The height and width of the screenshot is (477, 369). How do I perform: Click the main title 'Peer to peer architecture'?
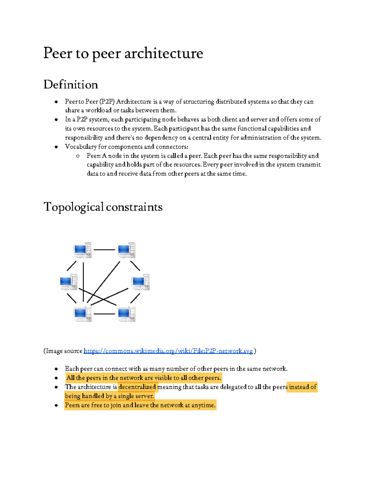point(123,53)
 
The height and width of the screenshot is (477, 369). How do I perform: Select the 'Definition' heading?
point(71,85)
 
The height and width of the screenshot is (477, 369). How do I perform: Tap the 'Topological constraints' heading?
point(103,207)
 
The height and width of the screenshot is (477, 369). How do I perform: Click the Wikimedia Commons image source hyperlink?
point(168,351)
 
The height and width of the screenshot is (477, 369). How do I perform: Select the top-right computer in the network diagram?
point(126,250)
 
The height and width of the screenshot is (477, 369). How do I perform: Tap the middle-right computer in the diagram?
point(141,282)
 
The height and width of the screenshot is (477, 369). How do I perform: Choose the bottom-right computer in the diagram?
point(126,314)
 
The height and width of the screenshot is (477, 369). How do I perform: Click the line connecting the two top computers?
point(104,250)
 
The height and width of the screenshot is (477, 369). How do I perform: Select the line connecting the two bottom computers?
point(104,314)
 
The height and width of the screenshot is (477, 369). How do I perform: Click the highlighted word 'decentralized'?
point(137,387)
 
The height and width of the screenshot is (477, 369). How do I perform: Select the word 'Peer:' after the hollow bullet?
point(93,156)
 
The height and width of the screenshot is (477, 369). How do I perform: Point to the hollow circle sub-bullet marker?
point(78,156)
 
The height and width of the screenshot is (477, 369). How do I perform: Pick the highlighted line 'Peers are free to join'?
point(140,405)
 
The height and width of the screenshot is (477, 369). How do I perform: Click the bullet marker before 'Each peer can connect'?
point(56,369)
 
